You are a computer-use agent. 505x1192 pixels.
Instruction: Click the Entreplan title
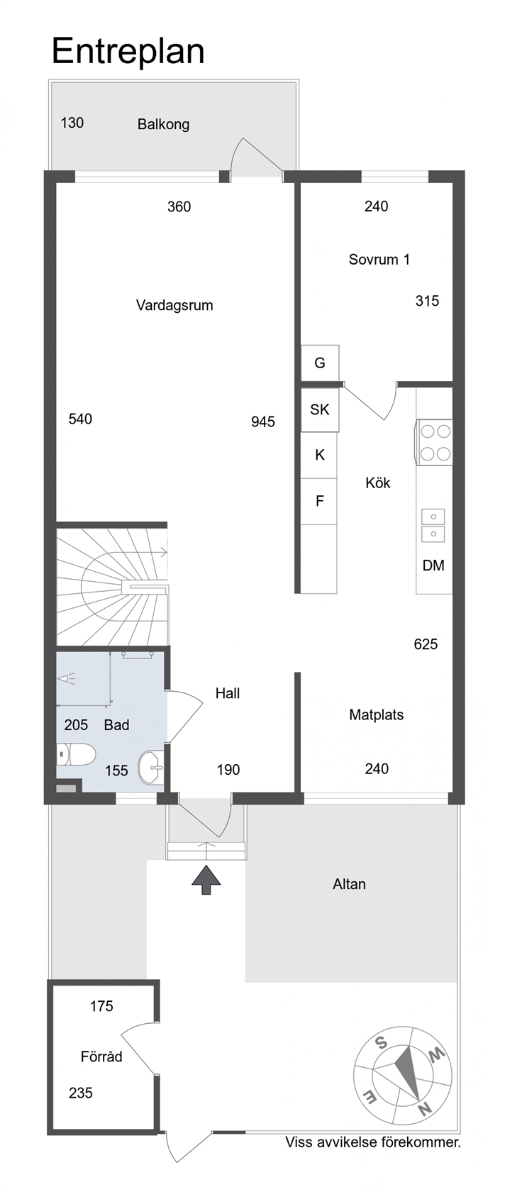pos(128,53)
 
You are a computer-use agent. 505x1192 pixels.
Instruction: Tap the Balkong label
pos(163,125)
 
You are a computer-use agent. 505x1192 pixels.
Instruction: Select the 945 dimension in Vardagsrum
pos(263,422)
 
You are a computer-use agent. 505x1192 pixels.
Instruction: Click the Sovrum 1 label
pos(379,260)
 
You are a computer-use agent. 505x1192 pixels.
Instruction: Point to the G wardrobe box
pos(320,363)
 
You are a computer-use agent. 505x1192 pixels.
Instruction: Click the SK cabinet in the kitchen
pos(320,410)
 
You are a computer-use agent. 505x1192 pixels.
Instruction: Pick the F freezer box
pos(319,501)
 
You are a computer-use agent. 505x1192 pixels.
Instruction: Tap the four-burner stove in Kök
pos(434,442)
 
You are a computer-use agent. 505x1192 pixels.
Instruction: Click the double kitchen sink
pos(433,525)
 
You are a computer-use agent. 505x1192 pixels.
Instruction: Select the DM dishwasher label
pos(433,565)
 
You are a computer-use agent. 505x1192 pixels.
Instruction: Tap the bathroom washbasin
pos(151,768)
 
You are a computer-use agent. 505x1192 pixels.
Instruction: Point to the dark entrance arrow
pos(206,880)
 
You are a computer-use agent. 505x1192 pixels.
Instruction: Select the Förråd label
pos(101,1056)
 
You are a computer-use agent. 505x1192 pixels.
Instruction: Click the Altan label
pos(349,884)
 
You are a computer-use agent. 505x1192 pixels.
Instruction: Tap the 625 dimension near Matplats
pos(426,644)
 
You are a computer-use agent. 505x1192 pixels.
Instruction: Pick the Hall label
pos(228,693)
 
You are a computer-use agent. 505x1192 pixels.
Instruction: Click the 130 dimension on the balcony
pos(72,123)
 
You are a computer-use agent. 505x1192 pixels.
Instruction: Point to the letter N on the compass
pos(425,1109)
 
